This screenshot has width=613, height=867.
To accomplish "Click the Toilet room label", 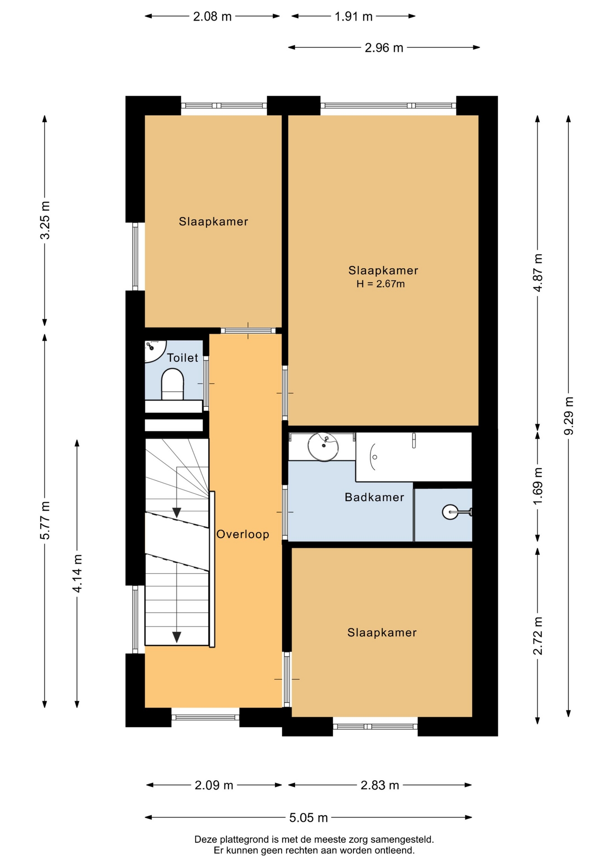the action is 182,358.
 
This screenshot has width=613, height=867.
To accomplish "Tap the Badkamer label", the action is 374,497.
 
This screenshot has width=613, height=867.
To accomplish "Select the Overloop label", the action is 243,534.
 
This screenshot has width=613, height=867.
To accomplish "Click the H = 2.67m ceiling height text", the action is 381,284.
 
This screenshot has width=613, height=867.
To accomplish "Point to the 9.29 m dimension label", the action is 569,416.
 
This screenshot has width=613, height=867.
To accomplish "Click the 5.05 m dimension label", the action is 309,818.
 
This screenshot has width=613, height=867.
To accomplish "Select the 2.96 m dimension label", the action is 384,47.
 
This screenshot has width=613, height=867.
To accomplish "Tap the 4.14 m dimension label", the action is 77,573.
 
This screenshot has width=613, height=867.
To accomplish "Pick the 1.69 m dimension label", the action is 538,487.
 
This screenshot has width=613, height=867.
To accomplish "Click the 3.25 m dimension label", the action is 45,220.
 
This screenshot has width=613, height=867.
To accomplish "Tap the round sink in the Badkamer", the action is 323,447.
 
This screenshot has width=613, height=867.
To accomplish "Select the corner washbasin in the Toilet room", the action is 154,351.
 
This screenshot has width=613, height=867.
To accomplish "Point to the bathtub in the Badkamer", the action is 413,457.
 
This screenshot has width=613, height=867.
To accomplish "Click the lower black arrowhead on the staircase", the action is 177,637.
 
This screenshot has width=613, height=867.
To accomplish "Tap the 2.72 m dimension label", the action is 538,635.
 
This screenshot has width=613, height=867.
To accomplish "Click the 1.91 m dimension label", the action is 353,17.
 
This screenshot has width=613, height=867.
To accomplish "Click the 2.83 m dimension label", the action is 380,786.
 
